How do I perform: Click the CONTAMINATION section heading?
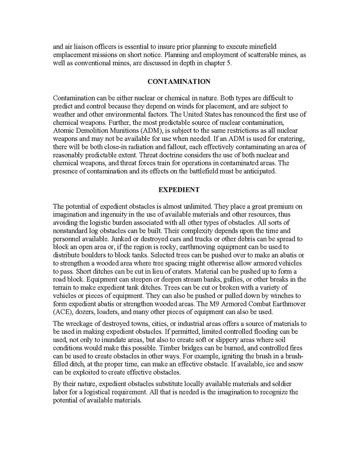point(179,82)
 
